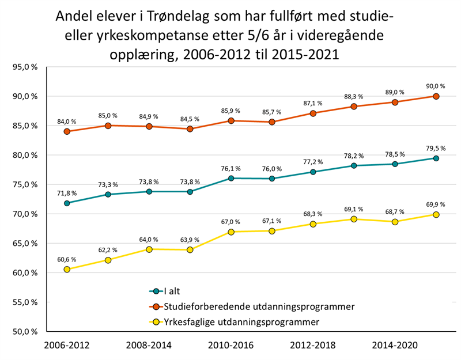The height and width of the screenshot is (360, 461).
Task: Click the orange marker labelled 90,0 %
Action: (436, 96)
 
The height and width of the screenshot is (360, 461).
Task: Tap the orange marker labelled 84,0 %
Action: (67, 131)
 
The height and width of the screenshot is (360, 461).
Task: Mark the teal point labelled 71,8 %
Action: (67, 203)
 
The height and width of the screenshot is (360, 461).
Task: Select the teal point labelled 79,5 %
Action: (436, 158)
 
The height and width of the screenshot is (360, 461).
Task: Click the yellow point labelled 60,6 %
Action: (67, 269)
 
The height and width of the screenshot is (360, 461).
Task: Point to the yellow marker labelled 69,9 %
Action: (436, 214)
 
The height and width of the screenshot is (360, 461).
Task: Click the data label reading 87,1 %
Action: (313, 103)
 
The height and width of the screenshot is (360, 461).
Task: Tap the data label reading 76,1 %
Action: (231, 168)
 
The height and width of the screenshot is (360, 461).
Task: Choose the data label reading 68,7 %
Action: (395, 211)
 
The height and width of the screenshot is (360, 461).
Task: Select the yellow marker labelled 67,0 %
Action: (231, 232)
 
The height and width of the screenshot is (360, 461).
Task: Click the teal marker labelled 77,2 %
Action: (313, 172)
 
